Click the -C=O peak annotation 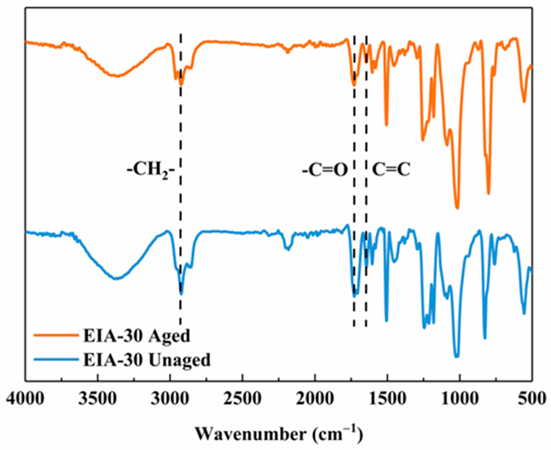click(x=325, y=170)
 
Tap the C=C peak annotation click(x=391, y=170)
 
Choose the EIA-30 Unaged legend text click(x=147, y=360)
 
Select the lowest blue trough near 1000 click(x=457, y=357)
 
